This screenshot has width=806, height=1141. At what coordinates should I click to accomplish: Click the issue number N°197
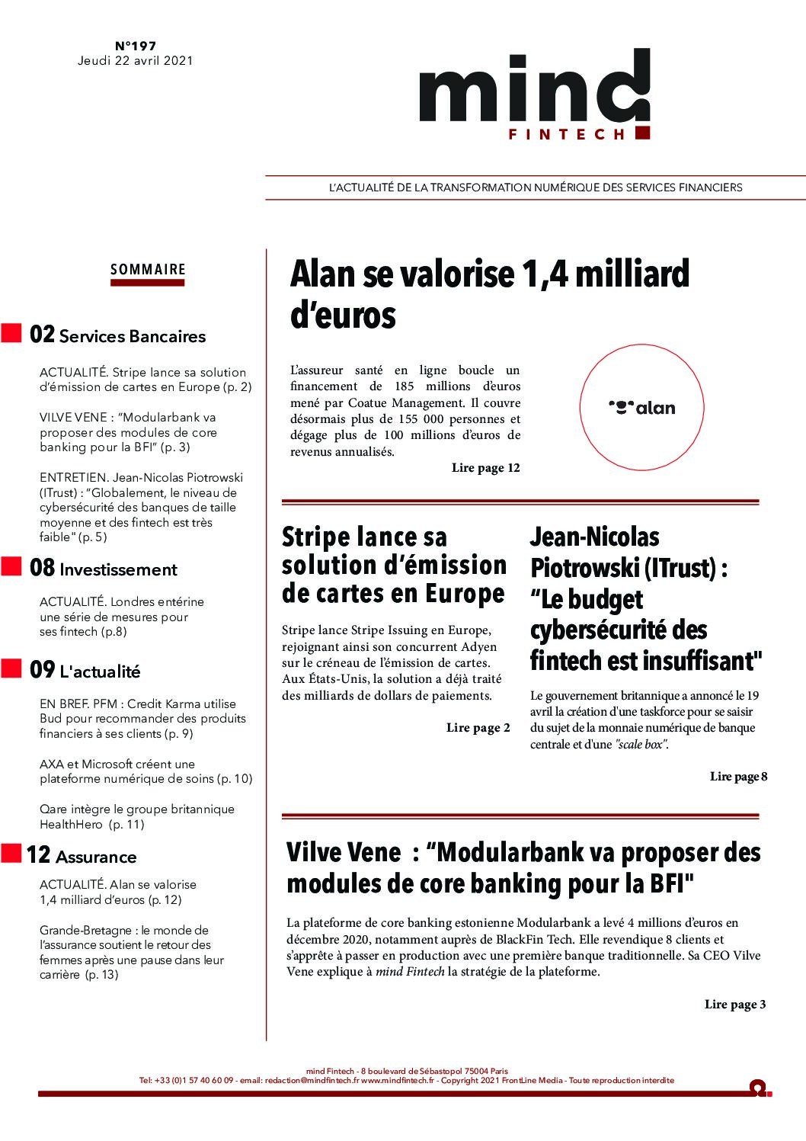(135, 46)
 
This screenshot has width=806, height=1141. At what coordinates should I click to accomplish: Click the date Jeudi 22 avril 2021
(135, 61)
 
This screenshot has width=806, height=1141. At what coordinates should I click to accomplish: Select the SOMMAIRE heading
(148, 269)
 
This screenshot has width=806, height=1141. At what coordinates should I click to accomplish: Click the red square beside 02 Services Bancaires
(11, 333)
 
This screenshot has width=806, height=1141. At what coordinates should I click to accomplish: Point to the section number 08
(42, 568)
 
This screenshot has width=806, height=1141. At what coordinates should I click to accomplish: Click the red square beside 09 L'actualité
(11, 668)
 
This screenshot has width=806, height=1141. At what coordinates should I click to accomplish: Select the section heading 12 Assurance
(82, 855)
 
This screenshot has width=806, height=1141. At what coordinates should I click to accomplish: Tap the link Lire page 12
(485, 468)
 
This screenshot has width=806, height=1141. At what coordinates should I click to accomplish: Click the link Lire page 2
(478, 728)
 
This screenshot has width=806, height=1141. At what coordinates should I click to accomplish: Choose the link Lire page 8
(738, 777)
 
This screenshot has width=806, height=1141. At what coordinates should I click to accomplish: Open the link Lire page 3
(735, 1005)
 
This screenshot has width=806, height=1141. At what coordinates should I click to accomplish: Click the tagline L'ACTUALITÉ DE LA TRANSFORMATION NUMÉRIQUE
(535, 187)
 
